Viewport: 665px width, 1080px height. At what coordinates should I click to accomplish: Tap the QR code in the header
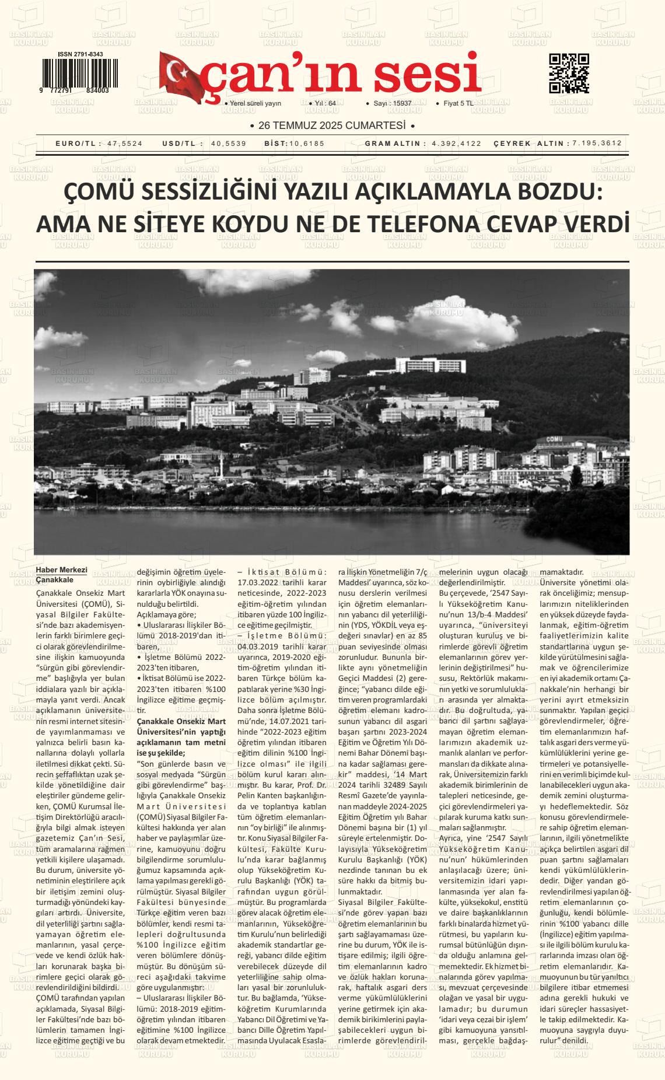(x=569, y=73)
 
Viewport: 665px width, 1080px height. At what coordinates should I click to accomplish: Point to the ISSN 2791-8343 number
(x=80, y=54)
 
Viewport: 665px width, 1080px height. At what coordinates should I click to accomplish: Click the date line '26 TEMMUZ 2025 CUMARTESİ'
(x=331, y=125)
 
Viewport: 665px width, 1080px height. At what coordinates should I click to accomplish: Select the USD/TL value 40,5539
(x=229, y=144)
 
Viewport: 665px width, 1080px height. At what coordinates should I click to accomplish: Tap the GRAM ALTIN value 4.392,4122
(x=457, y=144)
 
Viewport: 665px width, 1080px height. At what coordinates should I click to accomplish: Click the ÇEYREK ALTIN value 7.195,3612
(x=597, y=144)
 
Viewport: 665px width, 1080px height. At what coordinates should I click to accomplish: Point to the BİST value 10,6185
(x=307, y=144)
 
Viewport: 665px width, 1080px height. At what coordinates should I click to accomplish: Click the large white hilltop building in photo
(x=429, y=365)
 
